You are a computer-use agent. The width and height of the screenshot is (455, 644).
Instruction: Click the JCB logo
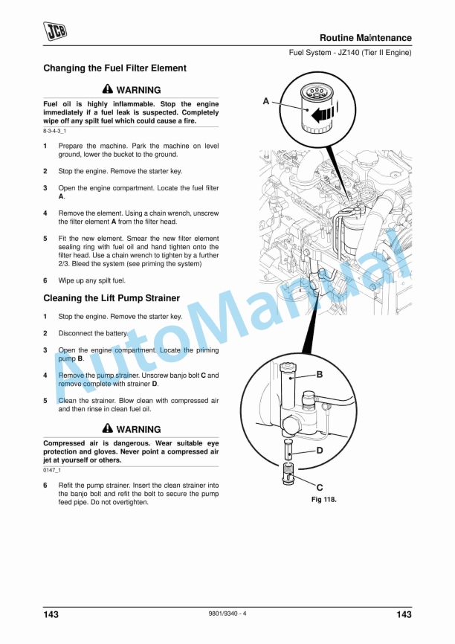click(x=55, y=31)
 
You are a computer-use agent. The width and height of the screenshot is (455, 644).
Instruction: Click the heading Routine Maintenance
click(x=366, y=38)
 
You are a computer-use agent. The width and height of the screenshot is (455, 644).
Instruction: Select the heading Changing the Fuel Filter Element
click(x=115, y=68)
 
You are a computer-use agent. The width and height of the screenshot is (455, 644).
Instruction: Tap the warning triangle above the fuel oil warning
click(x=108, y=88)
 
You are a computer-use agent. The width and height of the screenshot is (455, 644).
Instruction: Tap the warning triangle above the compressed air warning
click(x=108, y=428)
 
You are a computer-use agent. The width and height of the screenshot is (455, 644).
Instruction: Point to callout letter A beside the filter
click(x=266, y=101)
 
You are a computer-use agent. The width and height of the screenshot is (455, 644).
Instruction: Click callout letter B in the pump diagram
click(x=320, y=374)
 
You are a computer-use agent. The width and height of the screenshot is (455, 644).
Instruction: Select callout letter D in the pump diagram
click(x=320, y=451)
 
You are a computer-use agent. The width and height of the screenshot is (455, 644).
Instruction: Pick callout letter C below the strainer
click(x=320, y=488)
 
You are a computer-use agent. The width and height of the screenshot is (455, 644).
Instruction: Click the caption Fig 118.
click(x=324, y=500)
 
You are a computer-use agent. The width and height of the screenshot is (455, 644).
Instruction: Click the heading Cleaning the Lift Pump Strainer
click(x=112, y=298)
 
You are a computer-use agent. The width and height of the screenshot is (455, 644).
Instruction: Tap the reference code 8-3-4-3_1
click(x=54, y=131)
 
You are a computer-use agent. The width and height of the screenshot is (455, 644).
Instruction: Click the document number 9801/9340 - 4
click(x=227, y=614)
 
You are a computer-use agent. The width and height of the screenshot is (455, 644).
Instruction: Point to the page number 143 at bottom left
click(x=51, y=614)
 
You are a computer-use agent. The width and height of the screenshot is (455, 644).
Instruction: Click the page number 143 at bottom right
click(x=404, y=614)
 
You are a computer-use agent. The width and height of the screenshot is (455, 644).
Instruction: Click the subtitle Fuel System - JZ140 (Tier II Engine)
click(x=350, y=53)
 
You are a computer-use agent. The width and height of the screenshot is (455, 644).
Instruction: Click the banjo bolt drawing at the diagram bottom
click(x=289, y=473)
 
